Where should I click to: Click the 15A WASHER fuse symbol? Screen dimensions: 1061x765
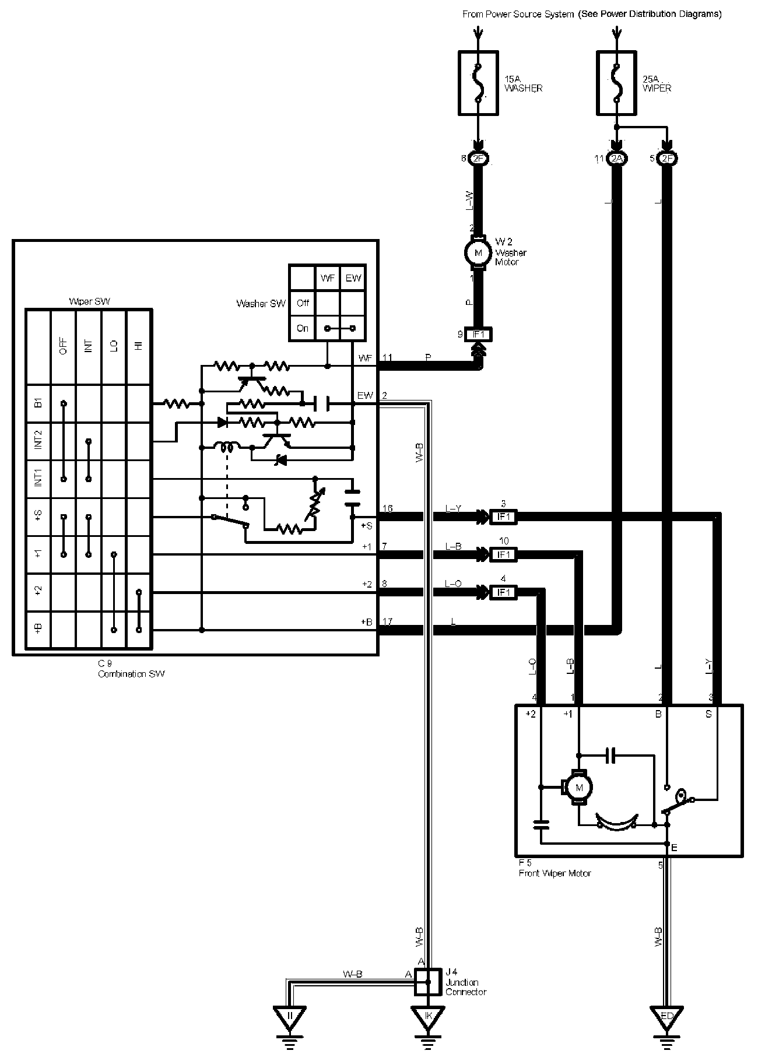click(x=478, y=83)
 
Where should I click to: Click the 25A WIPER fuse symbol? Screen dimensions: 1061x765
click(x=616, y=83)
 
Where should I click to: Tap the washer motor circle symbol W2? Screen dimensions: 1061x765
click(x=479, y=253)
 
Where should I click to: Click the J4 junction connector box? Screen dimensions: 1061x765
click(x=428, y=982)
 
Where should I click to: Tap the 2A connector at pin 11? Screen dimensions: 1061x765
click(x=616, y=159)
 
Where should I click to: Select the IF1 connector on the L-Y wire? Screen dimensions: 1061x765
click(x=503, y=517)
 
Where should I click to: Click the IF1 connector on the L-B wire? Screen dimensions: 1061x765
click(x=503, y=554)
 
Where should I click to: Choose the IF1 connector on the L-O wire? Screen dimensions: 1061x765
click(x=503, y=592)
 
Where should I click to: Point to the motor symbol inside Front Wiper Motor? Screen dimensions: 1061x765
click(x=579, y=788)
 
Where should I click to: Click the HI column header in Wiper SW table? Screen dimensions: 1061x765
click(x=139, y=346)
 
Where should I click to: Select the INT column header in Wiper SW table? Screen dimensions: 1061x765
click(x=89, y=346)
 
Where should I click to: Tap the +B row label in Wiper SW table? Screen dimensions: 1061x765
click(x=38, y=628)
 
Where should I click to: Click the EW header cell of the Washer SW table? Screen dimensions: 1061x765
click(x=353, y=278)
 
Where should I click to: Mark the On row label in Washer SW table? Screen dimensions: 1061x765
click(x=303, y=328)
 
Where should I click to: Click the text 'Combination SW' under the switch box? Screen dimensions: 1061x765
click(x=131, y=674)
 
